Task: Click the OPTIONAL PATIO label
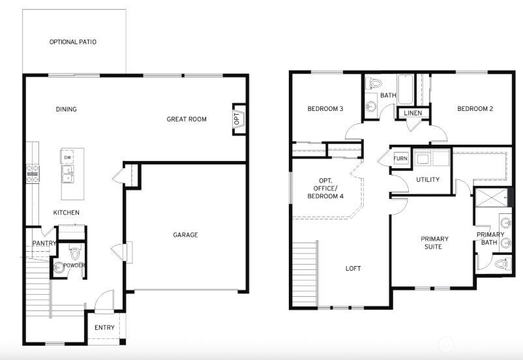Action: [73, 42]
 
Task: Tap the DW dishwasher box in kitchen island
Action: [67, 157]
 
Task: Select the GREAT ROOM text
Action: [187, 119]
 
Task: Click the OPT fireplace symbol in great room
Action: [238, 119]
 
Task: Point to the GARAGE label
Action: [185, 235]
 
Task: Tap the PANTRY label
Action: [44, 244]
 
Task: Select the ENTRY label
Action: [104, 327]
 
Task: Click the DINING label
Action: [67, 110]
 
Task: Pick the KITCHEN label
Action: [67, 213]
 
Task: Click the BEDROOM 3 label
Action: [325, 109]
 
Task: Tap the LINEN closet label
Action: [413, 113]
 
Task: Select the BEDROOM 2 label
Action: [474, 109]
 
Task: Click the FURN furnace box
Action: [400, 158]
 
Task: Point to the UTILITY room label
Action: [427, 180]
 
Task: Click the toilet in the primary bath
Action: [500, 263]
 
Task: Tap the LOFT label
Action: [353, 269]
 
